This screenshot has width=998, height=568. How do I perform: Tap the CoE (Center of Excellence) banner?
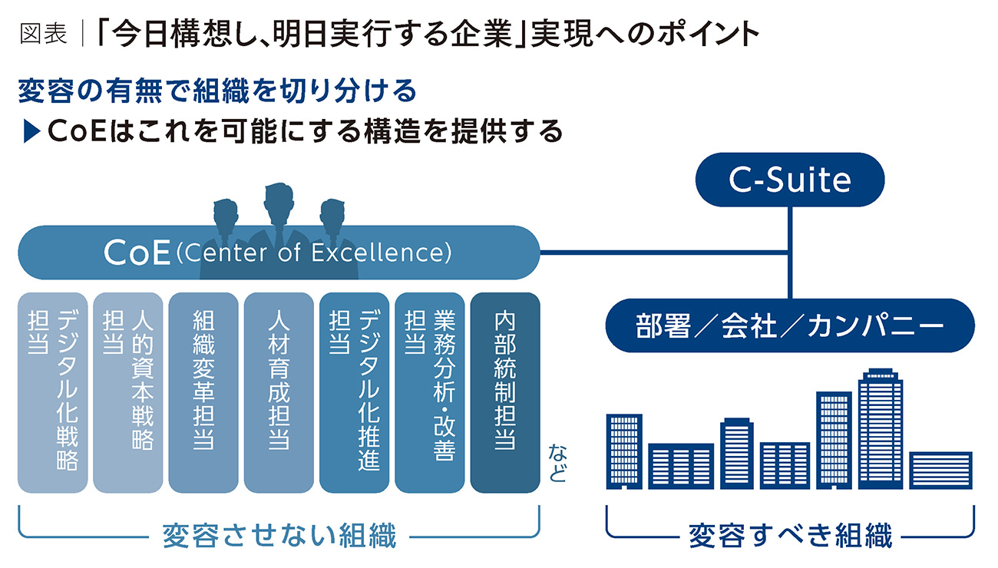(x=278, y=252)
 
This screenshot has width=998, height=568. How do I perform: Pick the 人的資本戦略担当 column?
(x=127, y=392)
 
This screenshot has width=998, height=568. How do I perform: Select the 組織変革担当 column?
(x=203, y=392)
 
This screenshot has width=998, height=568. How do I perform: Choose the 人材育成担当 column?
(x=278, y=392)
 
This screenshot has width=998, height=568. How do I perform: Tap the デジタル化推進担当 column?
(x=353, y=392)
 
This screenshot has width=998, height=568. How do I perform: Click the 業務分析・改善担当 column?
(x=428, y=392)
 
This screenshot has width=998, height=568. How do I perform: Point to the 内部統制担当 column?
(x=504, y=392)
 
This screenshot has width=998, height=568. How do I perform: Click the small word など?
(x=557, y=464)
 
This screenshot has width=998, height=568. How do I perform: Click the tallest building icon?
(x=880, y=430)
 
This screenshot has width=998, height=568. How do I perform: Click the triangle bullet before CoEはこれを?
(x=31, y=132)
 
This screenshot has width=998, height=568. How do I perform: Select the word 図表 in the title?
(x=43, y=35)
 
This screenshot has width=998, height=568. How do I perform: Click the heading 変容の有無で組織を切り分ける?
(x=216, y=91)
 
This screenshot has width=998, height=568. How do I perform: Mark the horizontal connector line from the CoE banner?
(x=664, y=252)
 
